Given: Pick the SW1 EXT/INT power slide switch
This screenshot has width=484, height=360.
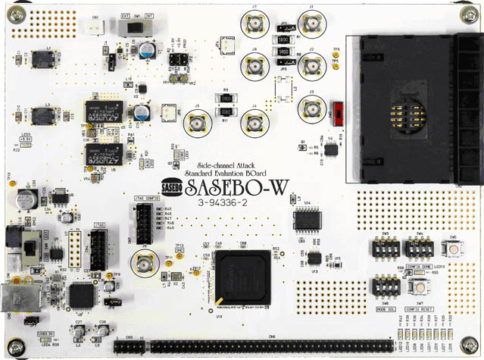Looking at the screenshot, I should pos(141,27).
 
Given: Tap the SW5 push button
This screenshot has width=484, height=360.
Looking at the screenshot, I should pos(453,250).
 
